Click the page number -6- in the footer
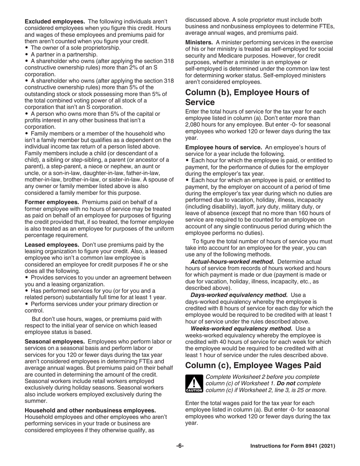click(180, 446)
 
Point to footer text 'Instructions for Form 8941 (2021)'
click(293, 446)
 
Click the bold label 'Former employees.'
click(52, 202)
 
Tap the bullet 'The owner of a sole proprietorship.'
click(70, 48)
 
